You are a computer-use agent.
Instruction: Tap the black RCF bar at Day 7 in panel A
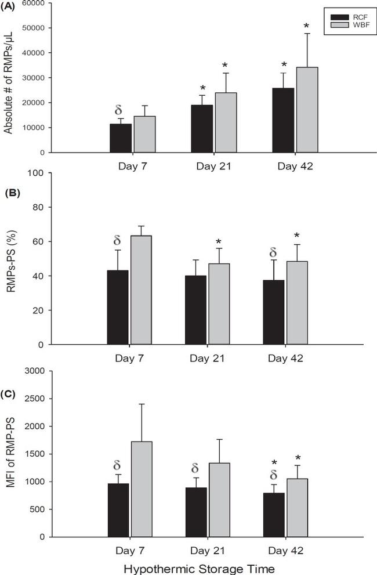coord(121,138)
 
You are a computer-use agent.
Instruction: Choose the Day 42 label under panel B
coord(285,357)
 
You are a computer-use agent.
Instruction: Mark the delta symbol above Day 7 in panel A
coord(119,110)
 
